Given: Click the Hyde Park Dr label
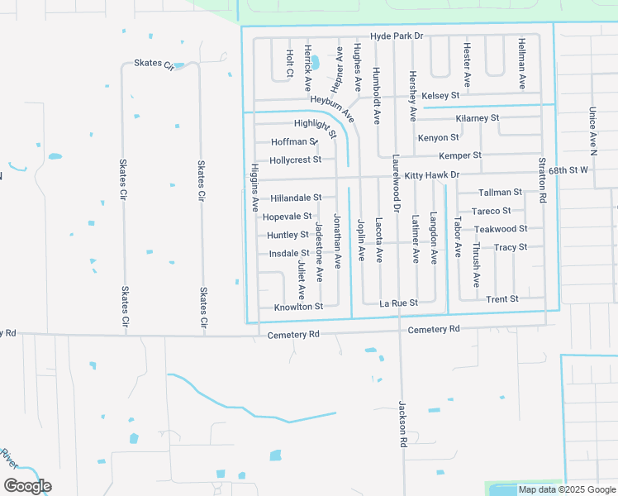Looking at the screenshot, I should click(x=397, y=36).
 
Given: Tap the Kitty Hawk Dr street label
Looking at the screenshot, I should click(x=430, y=175).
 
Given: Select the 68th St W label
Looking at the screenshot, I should click(x=568, y=169).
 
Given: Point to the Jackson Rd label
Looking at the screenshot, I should click(x=403, y=425).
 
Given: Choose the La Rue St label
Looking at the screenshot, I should click(x=398, y=303).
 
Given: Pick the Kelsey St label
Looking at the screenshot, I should click(x=440, y=96).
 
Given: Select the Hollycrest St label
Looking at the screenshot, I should click(x=295, y=160).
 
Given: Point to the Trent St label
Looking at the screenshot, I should click(x=502, y=299).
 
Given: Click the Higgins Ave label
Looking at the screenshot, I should click(x=255, y=188).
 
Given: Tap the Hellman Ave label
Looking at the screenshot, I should click(x=522, y=63).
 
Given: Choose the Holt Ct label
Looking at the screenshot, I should click(x=290, y=64).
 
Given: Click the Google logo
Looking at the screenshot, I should click(x=27, y=486).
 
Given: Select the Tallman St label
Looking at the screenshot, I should click(x=501, y=192).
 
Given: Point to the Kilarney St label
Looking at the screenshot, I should click(x=478, y=118).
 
